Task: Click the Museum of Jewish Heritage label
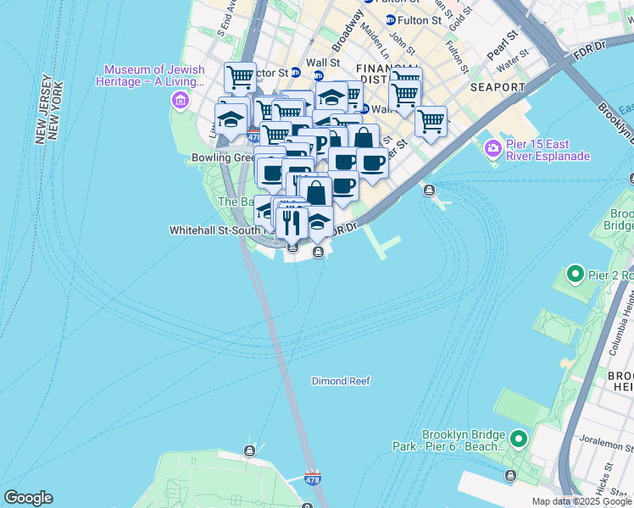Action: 153,75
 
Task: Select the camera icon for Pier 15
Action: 492,149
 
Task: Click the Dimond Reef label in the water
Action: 341,381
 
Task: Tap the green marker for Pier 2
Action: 576,273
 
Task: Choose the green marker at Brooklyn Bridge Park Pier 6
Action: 518,439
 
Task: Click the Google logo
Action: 28,498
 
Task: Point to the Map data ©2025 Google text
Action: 581,501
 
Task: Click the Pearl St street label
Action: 502,48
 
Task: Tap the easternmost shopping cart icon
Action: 431,121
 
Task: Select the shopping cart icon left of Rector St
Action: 241,77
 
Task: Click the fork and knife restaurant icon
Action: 292,222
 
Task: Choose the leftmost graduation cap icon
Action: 230,119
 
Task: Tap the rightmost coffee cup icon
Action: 371,162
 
